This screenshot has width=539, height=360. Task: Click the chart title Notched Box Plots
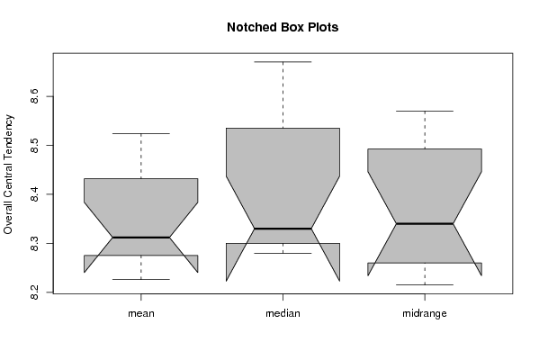point(283,28)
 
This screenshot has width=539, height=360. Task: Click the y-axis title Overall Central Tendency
point(8,175)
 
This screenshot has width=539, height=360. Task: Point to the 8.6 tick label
point(34,96)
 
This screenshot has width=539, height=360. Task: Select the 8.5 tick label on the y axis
point(34,146)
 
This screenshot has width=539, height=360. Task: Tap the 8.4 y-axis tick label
point(34,194)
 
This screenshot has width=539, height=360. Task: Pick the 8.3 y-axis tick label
point(34,243)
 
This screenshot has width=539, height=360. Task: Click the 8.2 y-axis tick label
point(34,292)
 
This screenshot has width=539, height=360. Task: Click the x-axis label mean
point(141,313)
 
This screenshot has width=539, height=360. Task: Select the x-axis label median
point(283,313)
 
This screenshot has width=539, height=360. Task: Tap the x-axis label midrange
point(425,313)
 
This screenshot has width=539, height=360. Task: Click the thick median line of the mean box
point(141,238)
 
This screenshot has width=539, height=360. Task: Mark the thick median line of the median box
point(283,229)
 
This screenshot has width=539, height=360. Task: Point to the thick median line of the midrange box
point(425,223)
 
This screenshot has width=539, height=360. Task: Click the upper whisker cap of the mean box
point(141,133)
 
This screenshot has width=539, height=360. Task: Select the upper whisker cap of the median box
point(283,62)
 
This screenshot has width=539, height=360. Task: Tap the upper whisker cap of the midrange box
point(425,111)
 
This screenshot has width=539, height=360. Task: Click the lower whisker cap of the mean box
point(141,279)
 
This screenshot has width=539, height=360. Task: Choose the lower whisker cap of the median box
point(283,253)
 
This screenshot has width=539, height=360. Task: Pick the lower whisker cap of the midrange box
point(425,284)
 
